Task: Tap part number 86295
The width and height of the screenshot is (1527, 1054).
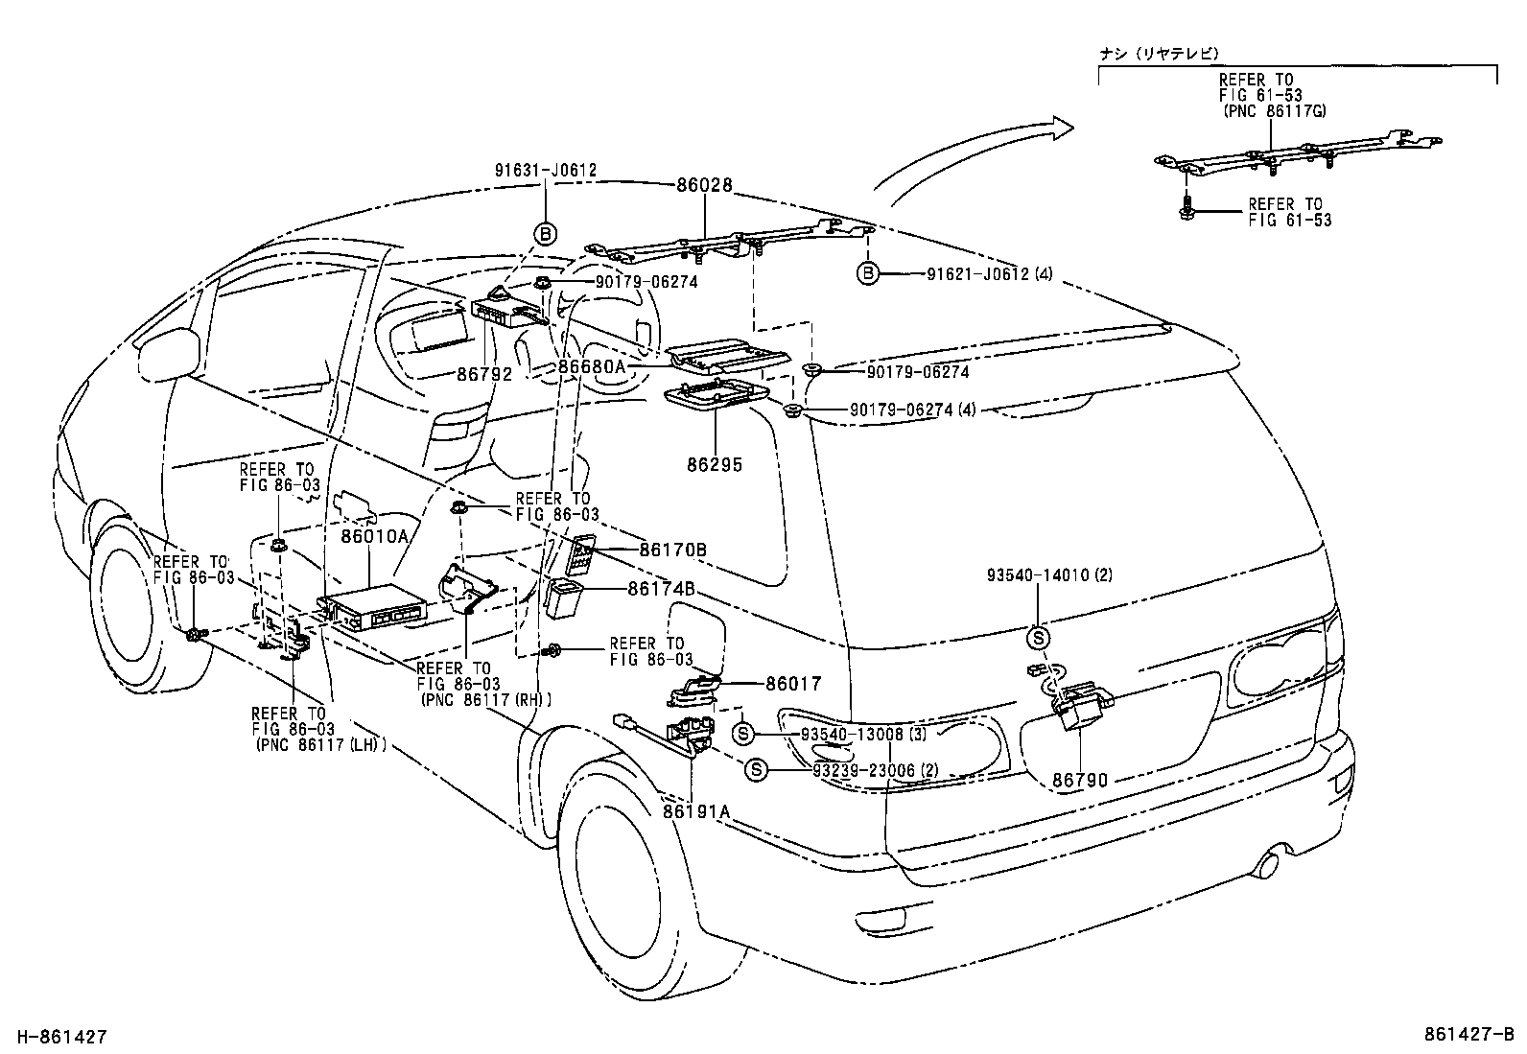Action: [715, 465]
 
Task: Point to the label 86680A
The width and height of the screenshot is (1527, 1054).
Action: [592, 366]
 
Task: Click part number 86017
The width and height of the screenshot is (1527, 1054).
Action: [793, 684]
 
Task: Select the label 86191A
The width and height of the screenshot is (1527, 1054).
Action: [696, 811]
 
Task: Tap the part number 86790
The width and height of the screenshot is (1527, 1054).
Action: [1080, 780]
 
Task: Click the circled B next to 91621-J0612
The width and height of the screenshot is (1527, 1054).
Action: [867, 274]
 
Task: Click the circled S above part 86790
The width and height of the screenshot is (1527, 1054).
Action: [1039, 637]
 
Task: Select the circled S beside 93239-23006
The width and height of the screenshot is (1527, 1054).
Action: [756, 769]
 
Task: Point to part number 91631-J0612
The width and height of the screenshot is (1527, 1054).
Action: [546, 171]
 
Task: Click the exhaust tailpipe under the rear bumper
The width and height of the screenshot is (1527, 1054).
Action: [1267, 862]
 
